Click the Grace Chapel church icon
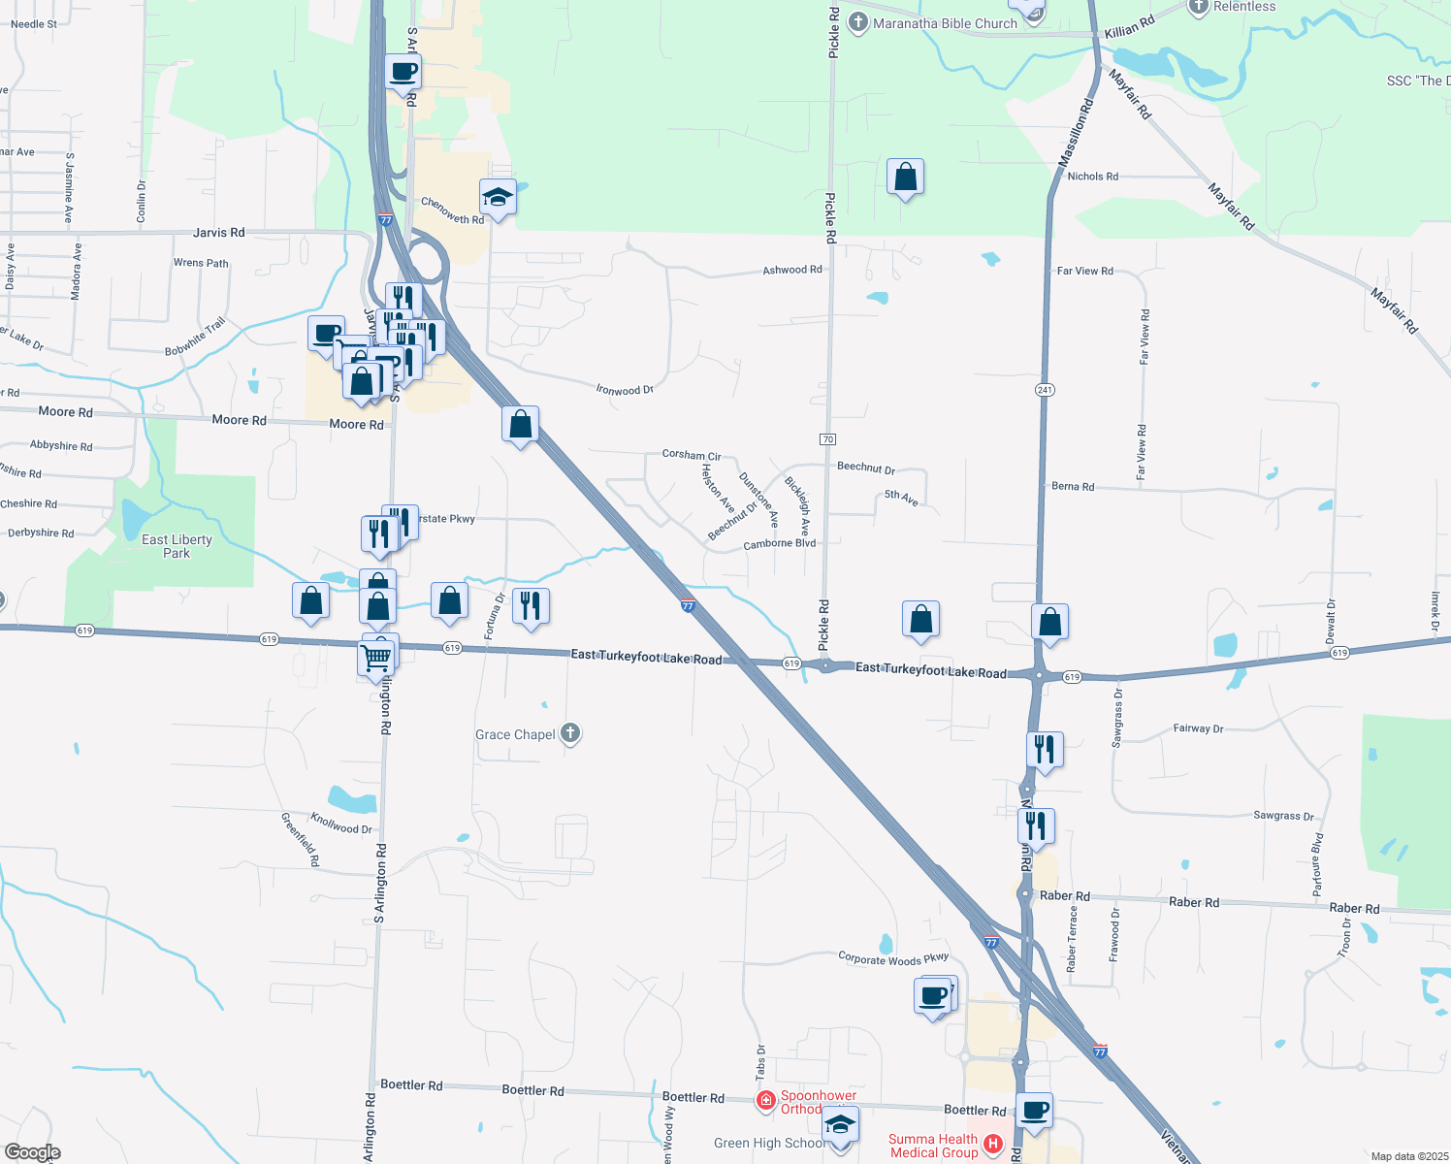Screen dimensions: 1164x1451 pos(570,733)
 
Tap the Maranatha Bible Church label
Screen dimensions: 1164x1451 pos(945,23)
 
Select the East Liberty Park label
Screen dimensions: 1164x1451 pos(177,546)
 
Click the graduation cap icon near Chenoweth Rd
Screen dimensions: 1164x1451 pos(498,197)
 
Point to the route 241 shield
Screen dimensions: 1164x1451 pos(1044,390)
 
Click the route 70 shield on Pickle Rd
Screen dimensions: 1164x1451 pos(827,439)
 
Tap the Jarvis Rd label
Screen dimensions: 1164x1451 pos(218,233)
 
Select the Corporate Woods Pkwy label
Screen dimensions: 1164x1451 pos(893,959)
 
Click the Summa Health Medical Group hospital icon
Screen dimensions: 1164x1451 pos(992,1145)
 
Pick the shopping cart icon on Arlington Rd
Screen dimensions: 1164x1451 pos(376,657)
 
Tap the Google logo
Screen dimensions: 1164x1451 pos(32,1152)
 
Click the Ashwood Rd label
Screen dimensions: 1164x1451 pos(791,270)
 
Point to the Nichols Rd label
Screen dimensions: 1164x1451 pos(1092,177)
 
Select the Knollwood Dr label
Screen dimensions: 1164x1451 pos(340,824)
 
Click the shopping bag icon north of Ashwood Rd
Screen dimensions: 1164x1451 pos(905,178)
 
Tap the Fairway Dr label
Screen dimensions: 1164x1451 pos(1198,728)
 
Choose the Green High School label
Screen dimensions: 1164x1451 pos(768,1143)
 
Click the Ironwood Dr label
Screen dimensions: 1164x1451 pos(625,390)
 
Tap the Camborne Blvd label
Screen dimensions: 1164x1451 pos(779,544)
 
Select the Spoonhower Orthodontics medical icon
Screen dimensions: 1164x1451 pos(765,1100)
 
